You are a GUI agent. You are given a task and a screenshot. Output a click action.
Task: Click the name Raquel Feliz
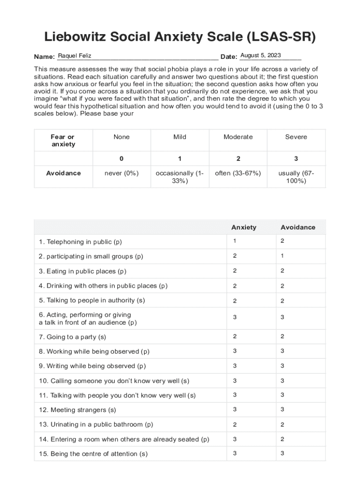coord(74,56)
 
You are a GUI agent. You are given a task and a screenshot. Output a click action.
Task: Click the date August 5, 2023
coord(260,56)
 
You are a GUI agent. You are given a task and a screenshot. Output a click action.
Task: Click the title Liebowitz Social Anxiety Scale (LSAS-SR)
coord(180,37)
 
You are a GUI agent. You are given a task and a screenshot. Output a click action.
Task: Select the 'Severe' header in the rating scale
coord(296,137)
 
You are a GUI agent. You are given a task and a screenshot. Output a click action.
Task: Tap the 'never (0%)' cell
coord(122,173)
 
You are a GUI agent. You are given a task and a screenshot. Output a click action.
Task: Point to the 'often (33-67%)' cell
coord(238,173)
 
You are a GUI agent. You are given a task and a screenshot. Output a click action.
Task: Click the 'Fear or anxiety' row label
coord(63,141)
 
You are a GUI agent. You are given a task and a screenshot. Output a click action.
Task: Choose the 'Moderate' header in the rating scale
coord(238,137)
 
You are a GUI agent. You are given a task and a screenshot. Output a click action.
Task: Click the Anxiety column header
coord(244,227)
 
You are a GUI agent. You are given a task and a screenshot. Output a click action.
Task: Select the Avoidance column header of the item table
coord(298,227)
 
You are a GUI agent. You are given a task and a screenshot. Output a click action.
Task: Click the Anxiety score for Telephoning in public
coord(235,241)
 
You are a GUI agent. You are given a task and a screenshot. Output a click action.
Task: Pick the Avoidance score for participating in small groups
coord(282,256)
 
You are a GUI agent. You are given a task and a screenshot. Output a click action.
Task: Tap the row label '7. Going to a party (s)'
coord(72,337)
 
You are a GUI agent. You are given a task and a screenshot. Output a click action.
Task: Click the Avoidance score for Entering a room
coord(282,439)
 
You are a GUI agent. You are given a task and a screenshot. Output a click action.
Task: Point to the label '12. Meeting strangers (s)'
coord(78,410)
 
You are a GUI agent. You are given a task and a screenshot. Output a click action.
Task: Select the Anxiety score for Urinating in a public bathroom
coord(235,425)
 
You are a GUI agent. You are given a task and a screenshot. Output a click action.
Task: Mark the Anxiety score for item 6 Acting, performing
coord(235,318)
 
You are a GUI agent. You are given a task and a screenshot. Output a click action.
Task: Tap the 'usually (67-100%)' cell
coord(296,177)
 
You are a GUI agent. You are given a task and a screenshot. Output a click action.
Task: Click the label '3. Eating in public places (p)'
coord(83,271)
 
